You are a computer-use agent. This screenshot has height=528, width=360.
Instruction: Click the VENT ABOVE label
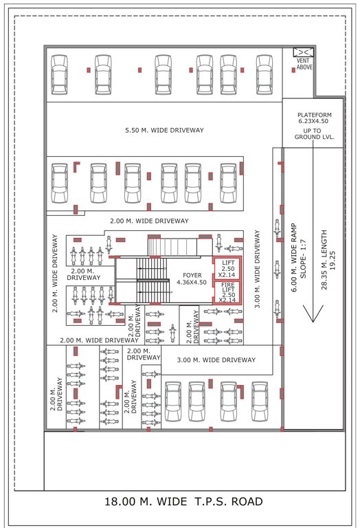(x=303, y=64)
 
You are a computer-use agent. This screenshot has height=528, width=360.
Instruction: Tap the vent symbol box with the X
(x=303, y=52)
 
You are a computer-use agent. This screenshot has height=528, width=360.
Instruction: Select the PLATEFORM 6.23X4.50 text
(x=315, y=118)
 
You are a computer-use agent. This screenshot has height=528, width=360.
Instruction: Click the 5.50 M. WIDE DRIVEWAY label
(x=164, y=130)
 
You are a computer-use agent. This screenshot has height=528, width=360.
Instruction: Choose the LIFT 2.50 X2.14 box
(x=227, y=269)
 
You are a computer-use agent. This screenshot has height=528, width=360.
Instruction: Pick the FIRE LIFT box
(x=227, y=291)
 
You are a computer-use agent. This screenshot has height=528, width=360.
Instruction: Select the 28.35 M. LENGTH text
(x=326, y=252)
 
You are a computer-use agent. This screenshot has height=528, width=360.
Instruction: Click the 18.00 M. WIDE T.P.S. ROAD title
(x=183, y=501)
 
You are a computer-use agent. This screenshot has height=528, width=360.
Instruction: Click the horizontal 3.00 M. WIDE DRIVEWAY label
(x=216, y=360)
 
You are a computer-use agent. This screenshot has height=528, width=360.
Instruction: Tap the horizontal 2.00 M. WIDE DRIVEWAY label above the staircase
(x=149, y=221)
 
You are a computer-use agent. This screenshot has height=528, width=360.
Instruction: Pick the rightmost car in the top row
(x=265, y=73)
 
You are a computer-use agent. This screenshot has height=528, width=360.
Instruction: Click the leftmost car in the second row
(x=60, y=183)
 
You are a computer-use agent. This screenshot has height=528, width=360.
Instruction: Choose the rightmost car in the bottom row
(x=260, y=401)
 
